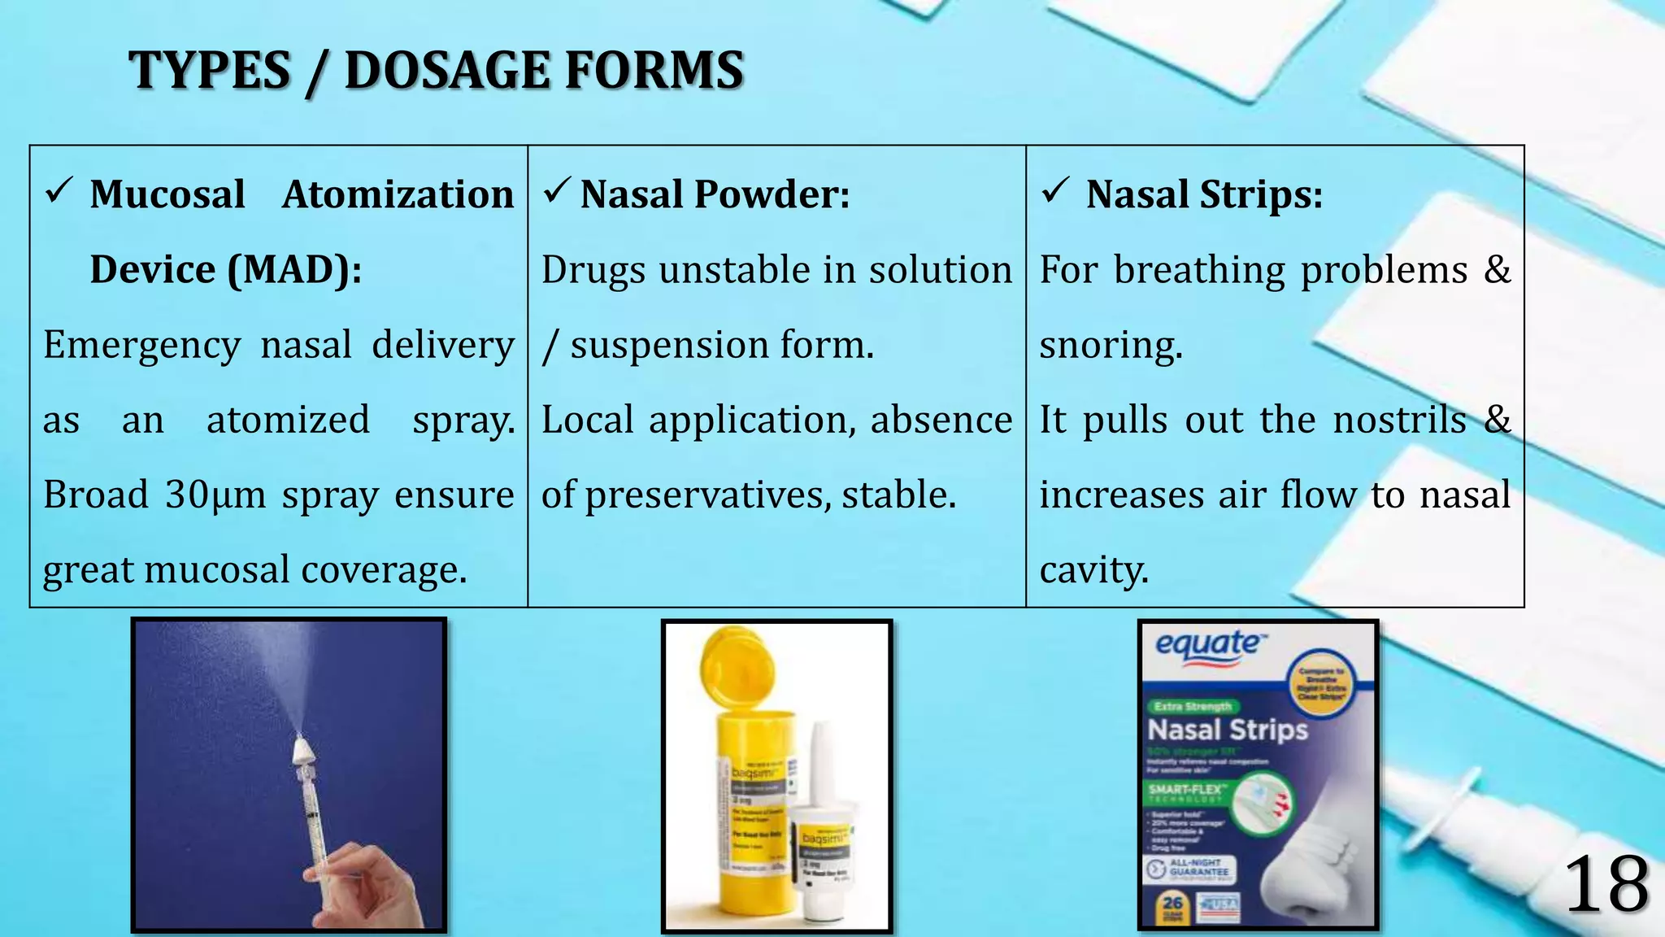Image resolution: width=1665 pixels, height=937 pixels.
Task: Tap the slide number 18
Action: click(x=1606, y=885)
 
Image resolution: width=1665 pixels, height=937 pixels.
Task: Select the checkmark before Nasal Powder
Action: click(x=557, y=191)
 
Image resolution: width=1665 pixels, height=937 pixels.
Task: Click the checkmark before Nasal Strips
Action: click(x=1054, y=191)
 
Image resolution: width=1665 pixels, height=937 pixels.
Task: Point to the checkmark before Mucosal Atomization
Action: click(x=60, y=191)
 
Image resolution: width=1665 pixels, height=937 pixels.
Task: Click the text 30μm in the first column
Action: click(x=215, y=495)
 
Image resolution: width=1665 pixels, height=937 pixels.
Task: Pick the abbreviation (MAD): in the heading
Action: click(x=294, y=269)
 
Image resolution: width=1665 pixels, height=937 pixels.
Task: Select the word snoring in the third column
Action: click(x=1111, y=345)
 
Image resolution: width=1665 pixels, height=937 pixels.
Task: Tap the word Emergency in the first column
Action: click(x=141, y=345)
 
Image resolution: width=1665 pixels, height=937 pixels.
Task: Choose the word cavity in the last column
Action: click(x=1093, y=569)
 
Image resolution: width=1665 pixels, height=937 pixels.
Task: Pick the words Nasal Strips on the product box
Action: click(x=1228, y=729)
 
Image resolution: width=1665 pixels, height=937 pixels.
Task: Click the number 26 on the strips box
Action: click(x=1172, y=903)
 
